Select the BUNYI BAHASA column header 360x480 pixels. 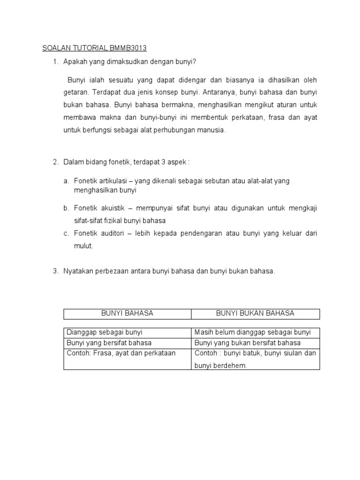click(x=127, y=313)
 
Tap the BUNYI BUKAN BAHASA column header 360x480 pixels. click(x=255, y=313)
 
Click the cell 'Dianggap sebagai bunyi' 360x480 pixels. click(x=105, y=332)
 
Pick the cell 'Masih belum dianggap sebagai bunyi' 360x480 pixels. click(x=253, y=332)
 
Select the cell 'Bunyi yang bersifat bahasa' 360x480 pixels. click(x=109, y=343)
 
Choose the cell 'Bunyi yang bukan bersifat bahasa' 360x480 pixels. click(x=247, y=343)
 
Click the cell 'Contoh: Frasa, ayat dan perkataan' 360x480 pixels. click(x=121, y=353)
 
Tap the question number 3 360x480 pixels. click(x=55, y=271)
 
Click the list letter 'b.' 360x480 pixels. click(x=66, y=208)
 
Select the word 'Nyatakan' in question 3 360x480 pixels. click(x=77, y=271)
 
